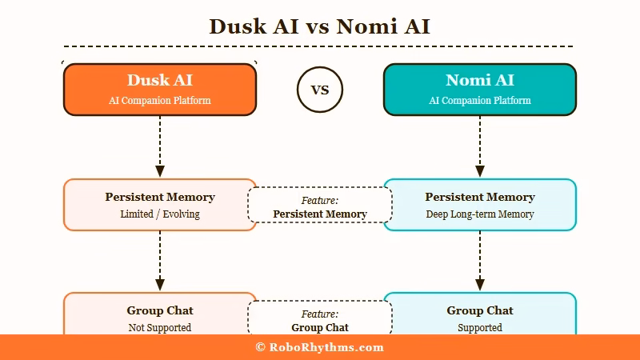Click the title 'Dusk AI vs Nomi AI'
click(320, 26)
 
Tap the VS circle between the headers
click(320, 90)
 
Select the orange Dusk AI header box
click(160, 90)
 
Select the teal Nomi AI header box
click(480, 90)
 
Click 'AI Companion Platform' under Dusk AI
click(160, 101)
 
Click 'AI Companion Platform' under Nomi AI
click(480, 101)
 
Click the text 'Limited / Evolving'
click(160, 214)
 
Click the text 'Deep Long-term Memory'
click(480, 214)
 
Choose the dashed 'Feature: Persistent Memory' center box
click(320, 205)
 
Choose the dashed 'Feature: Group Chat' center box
click(320, 318)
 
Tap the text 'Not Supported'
click(160, 328)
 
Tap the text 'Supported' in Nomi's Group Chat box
click(480, 328)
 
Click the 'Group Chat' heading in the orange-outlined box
click(160, 310)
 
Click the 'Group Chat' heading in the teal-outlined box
click(480, 310)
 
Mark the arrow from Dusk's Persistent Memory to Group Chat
click(160, 261)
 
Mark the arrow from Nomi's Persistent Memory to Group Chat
click(480, 261)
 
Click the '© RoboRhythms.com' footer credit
click(320, 348)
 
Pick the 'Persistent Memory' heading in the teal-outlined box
click(480, 197)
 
